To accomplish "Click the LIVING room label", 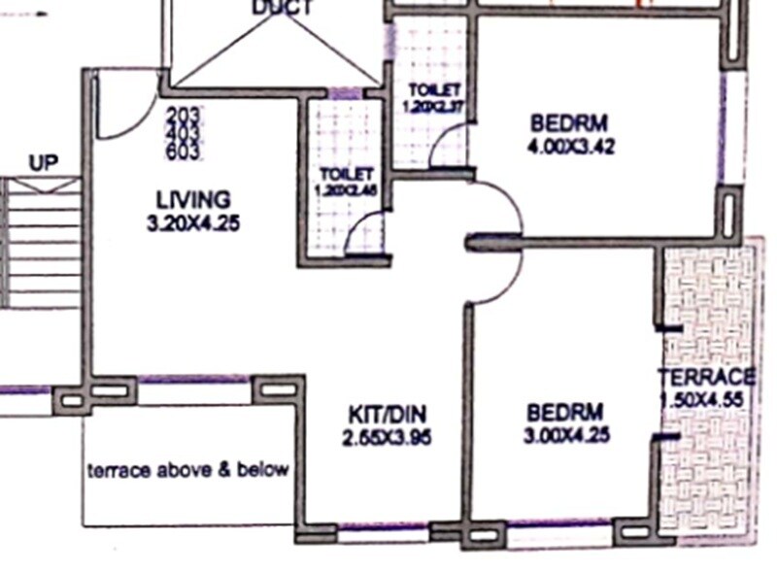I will pyautogui.click(x=193, y=199).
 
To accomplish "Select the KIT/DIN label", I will pyautogui.click(x=386, y=412).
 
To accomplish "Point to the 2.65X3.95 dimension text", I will pyautogui.click(x=386, y=437).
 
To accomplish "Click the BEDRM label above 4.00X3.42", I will pyautogui.click(x=568, y=123).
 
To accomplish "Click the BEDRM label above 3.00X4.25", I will pyautogui.click(x=563, y=412).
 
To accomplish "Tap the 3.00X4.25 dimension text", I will pyautogui.click(x=566, y=436).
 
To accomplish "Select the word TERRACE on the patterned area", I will pyautogui.click(x=706, y=377).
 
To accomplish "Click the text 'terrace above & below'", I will pyautogui.click(x=188, y=470).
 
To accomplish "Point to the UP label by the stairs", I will pyautogui.click(x=43, y=163).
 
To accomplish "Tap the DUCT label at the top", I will pyautogui.click(x=282, y=9).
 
